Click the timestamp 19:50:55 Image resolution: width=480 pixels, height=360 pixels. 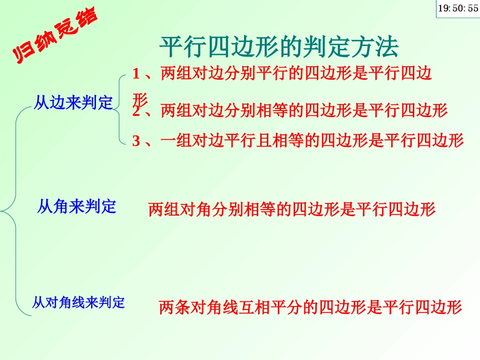point(457,9)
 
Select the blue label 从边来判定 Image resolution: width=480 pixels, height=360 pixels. point(73,103)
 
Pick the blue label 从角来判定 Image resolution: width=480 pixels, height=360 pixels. point(77,206)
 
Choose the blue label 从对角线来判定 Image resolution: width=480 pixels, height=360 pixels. point(78,302)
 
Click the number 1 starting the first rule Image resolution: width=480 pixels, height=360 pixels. point(135,74)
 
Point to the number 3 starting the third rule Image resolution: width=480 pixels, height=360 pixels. point(136,140)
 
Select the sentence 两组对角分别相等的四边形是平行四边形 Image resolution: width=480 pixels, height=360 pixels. point(292,209)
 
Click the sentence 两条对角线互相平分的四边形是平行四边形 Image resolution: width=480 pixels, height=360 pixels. point(310,306)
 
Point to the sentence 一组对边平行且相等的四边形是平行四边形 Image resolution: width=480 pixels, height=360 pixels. point(312,140)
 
